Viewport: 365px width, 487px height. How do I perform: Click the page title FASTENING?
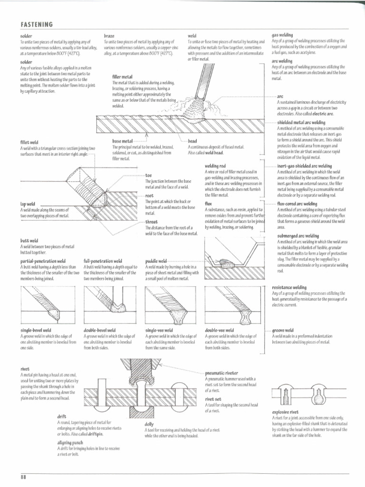point(36,24)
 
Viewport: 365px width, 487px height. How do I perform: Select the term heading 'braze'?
point(109,36)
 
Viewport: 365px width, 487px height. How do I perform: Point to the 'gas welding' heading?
point(282,35)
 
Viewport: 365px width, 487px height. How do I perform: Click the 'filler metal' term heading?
point(122,77)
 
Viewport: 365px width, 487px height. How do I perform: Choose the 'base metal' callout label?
point(123,142)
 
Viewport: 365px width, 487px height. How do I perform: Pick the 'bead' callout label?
point(192,142)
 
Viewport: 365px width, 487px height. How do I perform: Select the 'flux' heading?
point(209,203)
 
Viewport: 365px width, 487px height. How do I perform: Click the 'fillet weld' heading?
point(29,142)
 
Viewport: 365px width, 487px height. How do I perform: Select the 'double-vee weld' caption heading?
point(219,330)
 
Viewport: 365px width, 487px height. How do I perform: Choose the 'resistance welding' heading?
point(289,288)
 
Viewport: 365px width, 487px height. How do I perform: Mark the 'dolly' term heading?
point(149,424)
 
